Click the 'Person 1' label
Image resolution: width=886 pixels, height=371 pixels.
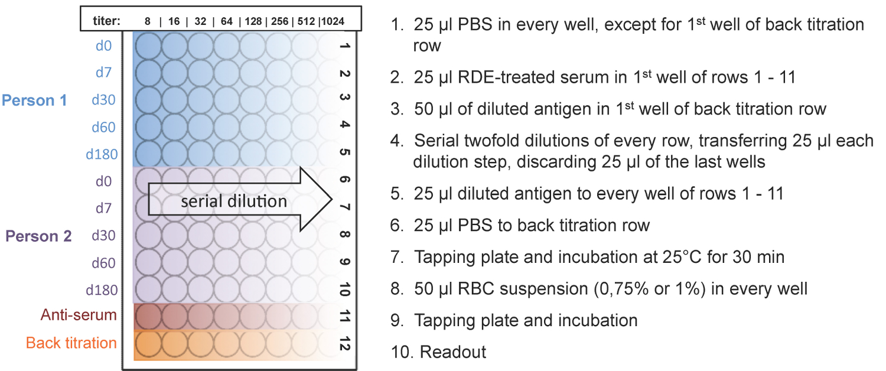click(34, 100)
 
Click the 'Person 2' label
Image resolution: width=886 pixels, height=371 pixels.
click(38, 236)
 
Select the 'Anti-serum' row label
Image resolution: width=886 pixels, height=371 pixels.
click(79, 315)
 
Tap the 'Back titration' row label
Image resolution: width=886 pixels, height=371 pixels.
click(71, 343)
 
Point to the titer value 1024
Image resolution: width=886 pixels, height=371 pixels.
click(333, 21)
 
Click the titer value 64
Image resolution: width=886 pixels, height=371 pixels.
click(226, 21)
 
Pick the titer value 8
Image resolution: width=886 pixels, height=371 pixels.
click(148, 21)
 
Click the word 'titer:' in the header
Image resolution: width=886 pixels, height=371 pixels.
click(106, 21)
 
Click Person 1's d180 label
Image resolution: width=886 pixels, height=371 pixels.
click(102, 155)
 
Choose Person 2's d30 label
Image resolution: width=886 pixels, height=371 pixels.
click(104, 236)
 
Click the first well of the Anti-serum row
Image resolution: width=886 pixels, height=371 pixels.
click(147, 317)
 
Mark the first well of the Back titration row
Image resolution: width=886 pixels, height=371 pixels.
click(147, 344)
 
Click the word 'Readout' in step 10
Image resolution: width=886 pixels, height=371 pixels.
click(453, 352)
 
